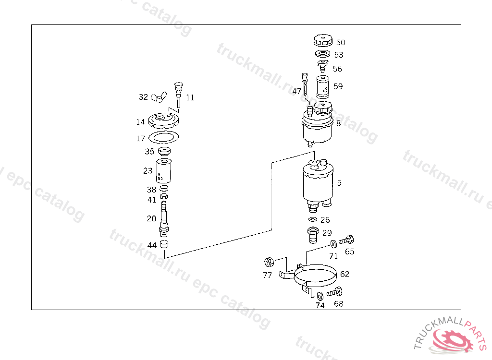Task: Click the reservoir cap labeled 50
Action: (323, 40)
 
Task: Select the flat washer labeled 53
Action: (323, 54)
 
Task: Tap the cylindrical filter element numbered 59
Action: (322, 87)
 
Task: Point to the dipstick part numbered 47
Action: (305, 84)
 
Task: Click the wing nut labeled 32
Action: (159, 97)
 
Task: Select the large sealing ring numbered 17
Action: (163, 137)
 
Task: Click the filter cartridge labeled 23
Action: (163, 171)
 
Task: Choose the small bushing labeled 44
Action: (164, 244)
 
